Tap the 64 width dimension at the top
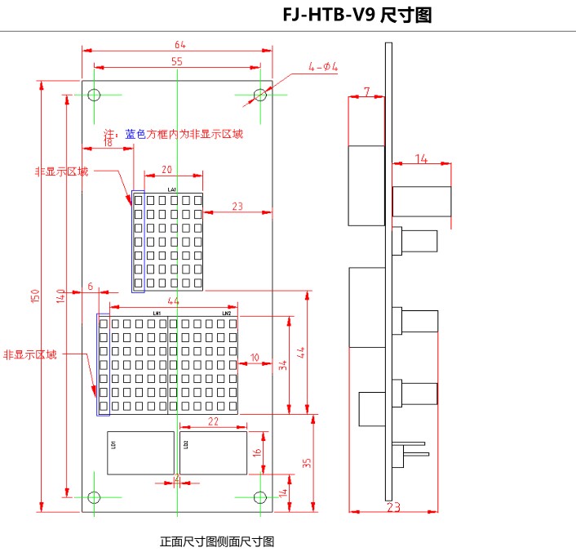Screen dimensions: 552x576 point(179,44)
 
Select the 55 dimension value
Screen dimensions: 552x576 point(177,61)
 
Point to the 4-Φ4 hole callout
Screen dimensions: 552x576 point(322,66)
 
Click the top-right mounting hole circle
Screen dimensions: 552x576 point(260,95)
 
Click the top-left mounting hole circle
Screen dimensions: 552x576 point(94,95)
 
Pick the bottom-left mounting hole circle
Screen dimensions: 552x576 point(94,496)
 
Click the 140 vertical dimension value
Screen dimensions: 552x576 point(60,297)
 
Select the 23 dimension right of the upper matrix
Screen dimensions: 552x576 point(237,207)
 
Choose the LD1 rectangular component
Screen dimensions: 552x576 point(140,452)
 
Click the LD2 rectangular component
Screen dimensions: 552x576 point(213,452)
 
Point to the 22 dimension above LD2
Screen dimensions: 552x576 point(212,421)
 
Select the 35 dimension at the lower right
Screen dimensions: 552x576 point(307,463)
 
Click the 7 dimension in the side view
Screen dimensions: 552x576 point(366,91)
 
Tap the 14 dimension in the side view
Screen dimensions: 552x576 point(421,159)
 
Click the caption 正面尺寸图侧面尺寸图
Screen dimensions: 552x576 point(217,541)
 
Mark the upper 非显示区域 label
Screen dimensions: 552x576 point(60,171)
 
